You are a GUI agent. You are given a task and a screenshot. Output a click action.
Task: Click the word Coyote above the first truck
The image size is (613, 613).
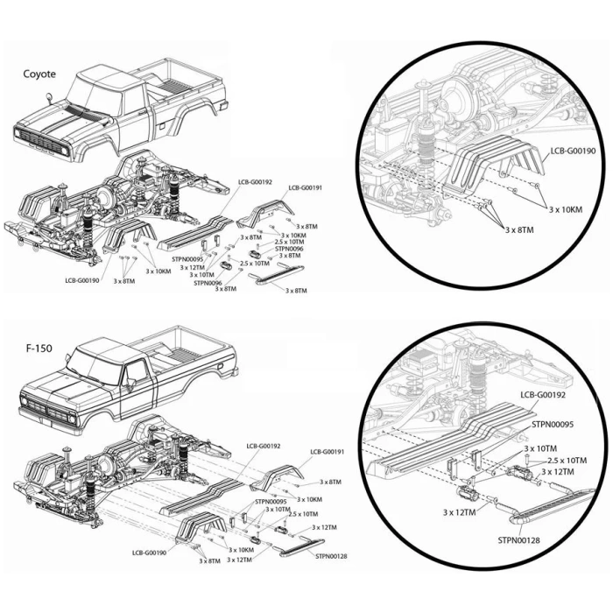39,74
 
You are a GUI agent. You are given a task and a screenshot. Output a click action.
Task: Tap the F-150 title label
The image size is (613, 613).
39,349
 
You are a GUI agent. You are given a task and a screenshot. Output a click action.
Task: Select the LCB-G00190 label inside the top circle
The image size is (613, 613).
573,151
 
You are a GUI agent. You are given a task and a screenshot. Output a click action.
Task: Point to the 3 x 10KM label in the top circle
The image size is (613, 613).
566,209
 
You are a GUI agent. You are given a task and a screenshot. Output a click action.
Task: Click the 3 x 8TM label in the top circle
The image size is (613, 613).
519,229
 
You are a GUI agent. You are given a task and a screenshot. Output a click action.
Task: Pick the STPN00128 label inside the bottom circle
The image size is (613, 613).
518,540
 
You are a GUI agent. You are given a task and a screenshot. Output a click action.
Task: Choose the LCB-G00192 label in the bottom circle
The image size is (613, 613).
543,395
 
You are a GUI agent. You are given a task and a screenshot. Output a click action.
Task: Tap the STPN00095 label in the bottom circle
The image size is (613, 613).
553,424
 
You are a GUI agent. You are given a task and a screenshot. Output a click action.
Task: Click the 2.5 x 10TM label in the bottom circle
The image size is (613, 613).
567,461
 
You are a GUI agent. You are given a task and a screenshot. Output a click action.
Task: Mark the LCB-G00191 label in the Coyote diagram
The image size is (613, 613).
306,187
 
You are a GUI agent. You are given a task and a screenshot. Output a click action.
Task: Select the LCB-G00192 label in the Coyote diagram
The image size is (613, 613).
256,182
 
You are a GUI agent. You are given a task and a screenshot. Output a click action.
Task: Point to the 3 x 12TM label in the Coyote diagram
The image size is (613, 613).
193,267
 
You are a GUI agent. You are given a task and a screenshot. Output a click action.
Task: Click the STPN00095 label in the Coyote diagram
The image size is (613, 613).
187,259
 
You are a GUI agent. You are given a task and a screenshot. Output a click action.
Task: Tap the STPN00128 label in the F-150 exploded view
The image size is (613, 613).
331,556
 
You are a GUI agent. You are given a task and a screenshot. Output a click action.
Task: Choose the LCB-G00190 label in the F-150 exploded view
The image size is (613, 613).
150,553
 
